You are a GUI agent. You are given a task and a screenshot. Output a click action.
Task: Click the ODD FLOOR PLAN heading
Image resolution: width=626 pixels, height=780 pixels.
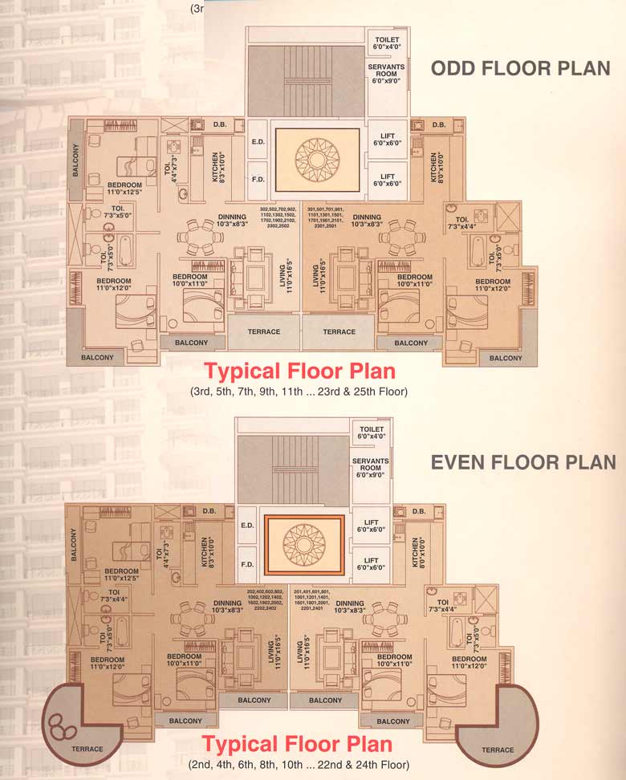521,69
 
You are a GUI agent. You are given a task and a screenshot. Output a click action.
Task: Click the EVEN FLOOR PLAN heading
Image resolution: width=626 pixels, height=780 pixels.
523,462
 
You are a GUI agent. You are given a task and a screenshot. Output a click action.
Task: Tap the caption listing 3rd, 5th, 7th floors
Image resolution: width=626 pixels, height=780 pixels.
299,392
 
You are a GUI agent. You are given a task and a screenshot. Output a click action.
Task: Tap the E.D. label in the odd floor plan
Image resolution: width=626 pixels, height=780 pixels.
258,142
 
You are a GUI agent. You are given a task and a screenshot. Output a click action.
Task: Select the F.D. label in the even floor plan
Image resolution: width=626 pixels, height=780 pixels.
248,564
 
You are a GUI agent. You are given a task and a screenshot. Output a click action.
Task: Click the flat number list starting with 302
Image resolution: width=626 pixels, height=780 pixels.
278,217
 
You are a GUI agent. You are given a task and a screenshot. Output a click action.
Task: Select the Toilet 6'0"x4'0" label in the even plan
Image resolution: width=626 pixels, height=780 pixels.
372,433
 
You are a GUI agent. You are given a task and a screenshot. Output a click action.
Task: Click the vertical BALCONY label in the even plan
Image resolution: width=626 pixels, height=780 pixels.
74,544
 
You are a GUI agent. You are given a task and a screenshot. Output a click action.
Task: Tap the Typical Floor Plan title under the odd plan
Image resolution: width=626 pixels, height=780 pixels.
299,372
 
